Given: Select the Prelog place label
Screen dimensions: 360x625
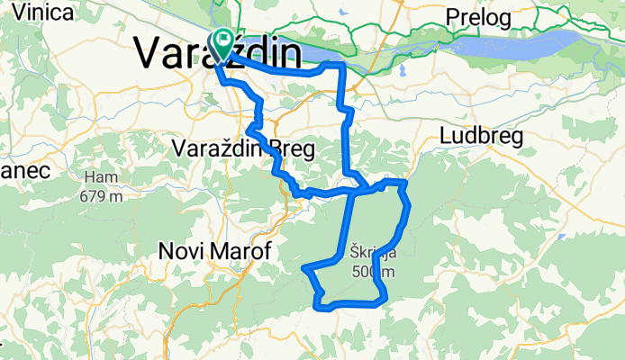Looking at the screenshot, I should tap(478, 18).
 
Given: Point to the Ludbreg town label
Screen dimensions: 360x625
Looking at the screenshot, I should tap(478, 135).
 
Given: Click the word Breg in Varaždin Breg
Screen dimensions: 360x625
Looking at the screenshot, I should tap(294, 150).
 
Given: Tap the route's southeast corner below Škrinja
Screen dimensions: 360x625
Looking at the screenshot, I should tap(385, 295).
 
